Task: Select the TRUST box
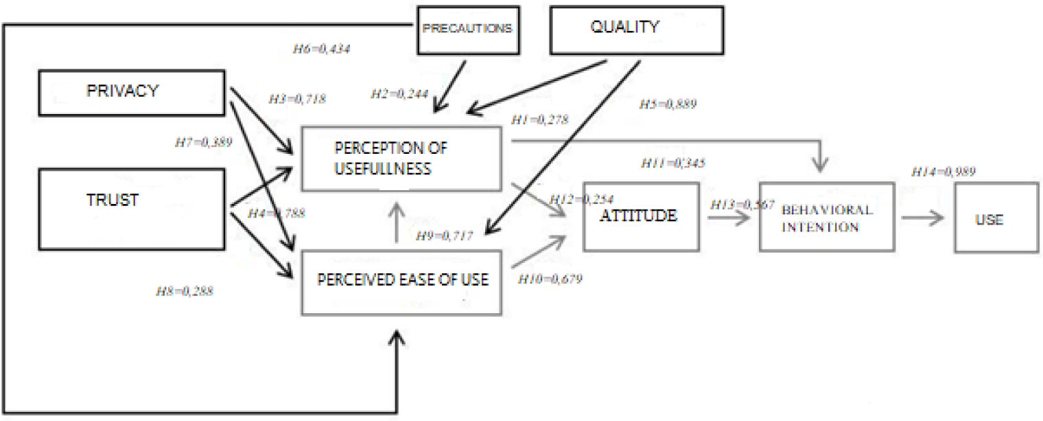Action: pos(130,209)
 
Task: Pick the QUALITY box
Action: pos(636,29)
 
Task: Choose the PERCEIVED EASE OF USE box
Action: pos(402,282)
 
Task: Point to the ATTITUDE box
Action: pos(640,216)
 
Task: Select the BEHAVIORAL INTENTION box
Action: pos(826,217)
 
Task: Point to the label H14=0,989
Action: pos(944,172)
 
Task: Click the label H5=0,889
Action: pos(668,104)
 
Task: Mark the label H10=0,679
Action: pos(550,280)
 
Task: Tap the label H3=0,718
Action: pos(296,99)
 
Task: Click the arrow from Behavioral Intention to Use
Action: pos(923,218)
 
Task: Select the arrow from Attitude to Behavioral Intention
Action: pos(728,218)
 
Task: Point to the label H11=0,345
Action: pos(673,163)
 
